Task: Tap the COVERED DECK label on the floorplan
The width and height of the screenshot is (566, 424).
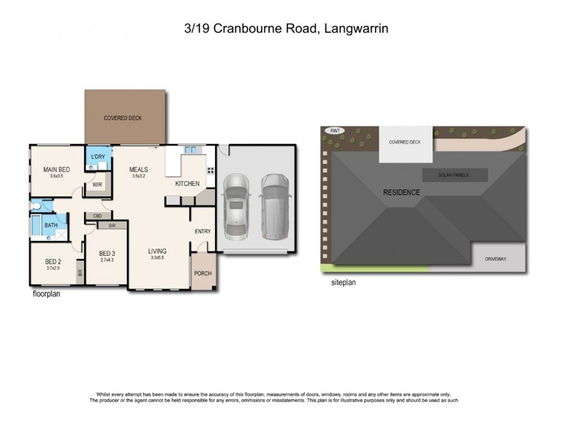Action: coord(124,118)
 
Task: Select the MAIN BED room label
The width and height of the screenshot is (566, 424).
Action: coord(56,170)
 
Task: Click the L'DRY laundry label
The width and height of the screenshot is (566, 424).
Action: coord(97,158)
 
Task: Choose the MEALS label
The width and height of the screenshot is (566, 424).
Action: coord(138,170)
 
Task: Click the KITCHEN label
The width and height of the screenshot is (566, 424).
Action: coord(187,184)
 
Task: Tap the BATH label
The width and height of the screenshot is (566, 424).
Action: coord(51,225)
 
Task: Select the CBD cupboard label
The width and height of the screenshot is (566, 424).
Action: coord(98,216)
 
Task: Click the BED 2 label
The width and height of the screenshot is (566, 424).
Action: coord(53,261)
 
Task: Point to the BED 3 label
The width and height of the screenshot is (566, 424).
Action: coord(107,254)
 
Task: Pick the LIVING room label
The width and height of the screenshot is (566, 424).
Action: coord(157,251)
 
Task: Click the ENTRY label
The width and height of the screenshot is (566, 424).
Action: coord(203,231)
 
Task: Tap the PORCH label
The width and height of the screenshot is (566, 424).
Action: coord(203,273)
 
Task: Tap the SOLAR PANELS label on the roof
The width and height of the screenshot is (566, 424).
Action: coord(454,175)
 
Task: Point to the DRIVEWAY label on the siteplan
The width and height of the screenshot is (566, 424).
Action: coord(495,259)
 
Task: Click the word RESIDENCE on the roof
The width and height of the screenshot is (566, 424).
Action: coord(402,192)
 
